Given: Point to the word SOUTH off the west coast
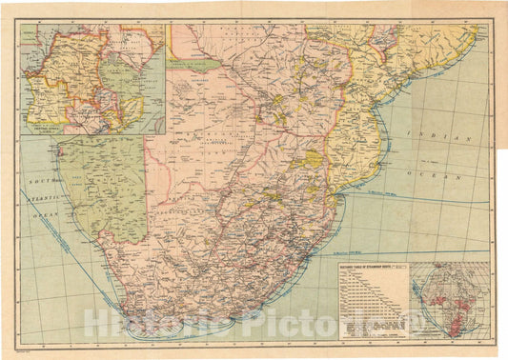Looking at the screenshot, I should point(39,178).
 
